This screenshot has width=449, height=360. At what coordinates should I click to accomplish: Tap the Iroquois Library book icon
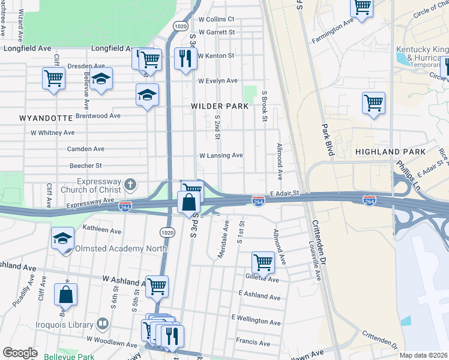[103, 325]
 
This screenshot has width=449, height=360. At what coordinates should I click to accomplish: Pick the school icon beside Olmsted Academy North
[62, 238]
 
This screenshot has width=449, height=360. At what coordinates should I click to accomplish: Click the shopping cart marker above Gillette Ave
[263, 260]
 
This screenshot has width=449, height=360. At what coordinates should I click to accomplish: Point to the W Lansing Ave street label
[221, 155]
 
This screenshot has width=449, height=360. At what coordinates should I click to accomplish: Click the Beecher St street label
[86, 165]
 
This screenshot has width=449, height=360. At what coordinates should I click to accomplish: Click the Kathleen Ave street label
[102, 230]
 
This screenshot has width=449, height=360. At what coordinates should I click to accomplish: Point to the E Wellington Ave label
[256, 322]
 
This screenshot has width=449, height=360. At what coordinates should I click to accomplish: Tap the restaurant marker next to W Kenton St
[184, 58]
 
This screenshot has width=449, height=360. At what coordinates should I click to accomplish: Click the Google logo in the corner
[20, 353]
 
